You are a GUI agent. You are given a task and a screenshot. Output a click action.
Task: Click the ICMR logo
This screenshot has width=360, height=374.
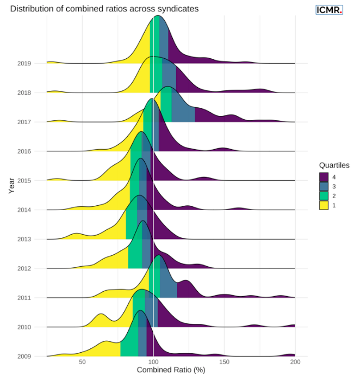(x=329, y=9)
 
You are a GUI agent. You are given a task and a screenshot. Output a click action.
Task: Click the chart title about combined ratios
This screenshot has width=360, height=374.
(x=104, y=9)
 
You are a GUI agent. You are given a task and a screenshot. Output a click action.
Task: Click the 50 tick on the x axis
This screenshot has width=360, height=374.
(x=82, y=361)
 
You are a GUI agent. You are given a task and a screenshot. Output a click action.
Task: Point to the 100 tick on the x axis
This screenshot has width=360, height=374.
(x=153, y=361)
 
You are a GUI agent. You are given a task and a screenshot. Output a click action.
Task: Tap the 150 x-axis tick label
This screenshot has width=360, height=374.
(x=224, y=361)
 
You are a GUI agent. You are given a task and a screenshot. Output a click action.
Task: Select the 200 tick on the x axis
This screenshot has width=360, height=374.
(x=295, y=361)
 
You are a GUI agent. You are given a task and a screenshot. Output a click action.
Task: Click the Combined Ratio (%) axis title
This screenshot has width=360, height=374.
(x=171, y=370)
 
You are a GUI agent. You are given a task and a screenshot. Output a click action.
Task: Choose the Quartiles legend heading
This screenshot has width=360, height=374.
(x=334, y=165)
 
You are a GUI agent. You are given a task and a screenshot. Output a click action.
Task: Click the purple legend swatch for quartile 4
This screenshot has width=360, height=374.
(x=324, y=177)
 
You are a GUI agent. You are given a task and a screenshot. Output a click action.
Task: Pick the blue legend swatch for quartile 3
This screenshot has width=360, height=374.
(x=324, y=186)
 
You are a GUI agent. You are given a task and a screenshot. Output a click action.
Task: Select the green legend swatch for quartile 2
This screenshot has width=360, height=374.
(x=324, y=196)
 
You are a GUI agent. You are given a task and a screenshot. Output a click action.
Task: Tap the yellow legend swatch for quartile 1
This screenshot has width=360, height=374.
(x=324, y=205)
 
